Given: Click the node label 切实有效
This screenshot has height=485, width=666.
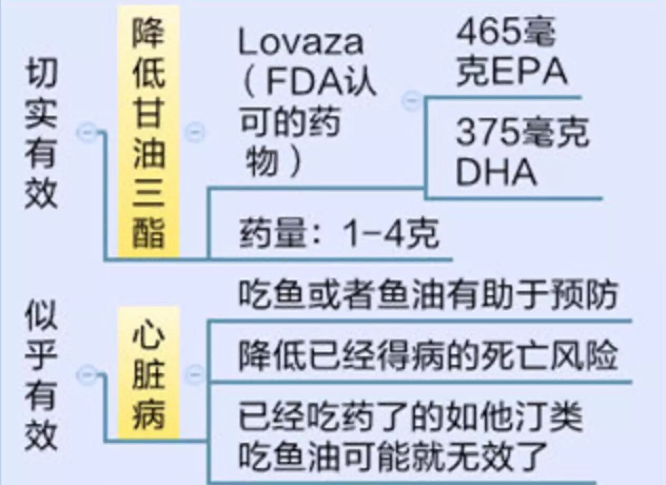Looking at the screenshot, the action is pyautogui.click(x=41, y=137).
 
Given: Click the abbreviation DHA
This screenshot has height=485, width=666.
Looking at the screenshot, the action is pyautogui.click(x=496, y=173).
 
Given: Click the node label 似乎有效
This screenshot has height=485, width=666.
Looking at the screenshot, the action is pyautogui.click(x=41, y=376).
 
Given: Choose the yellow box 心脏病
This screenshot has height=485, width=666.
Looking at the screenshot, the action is pyautogui.click(x=149, y=373).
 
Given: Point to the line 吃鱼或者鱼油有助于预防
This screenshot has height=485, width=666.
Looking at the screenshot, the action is pyautogui.click(x=427, y=296).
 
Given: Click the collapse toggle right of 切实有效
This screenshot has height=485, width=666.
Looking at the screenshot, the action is pyautogui.click(x=86, y=132).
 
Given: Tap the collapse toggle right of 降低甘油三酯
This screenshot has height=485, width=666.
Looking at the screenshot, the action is pyautogui.click(x=194, y=132).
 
